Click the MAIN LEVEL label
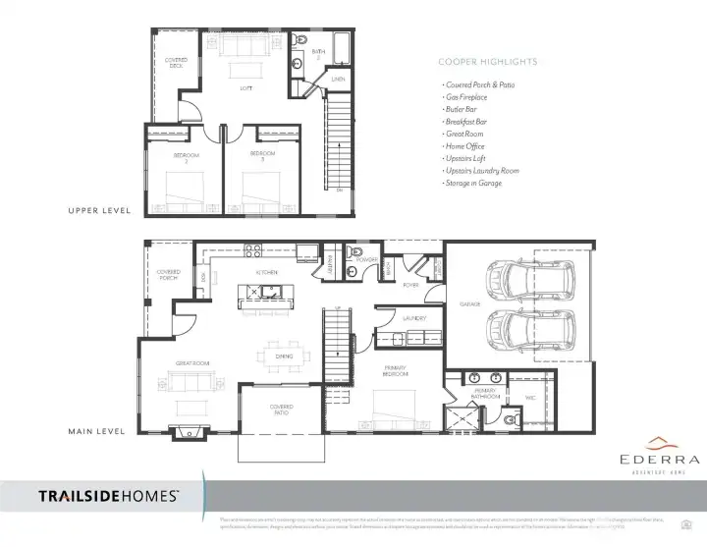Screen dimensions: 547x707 (95, 430)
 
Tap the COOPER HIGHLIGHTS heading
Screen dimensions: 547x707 (487, 62)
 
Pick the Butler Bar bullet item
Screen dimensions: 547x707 (465, 110)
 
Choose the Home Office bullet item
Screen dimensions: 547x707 (467, 146)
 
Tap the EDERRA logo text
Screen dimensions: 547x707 (659, 459)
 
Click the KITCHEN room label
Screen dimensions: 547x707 (266, 272)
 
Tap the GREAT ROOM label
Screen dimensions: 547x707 (192, 363)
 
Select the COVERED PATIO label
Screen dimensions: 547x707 (282, 411)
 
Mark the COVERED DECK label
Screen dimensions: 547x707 (176, 64)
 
